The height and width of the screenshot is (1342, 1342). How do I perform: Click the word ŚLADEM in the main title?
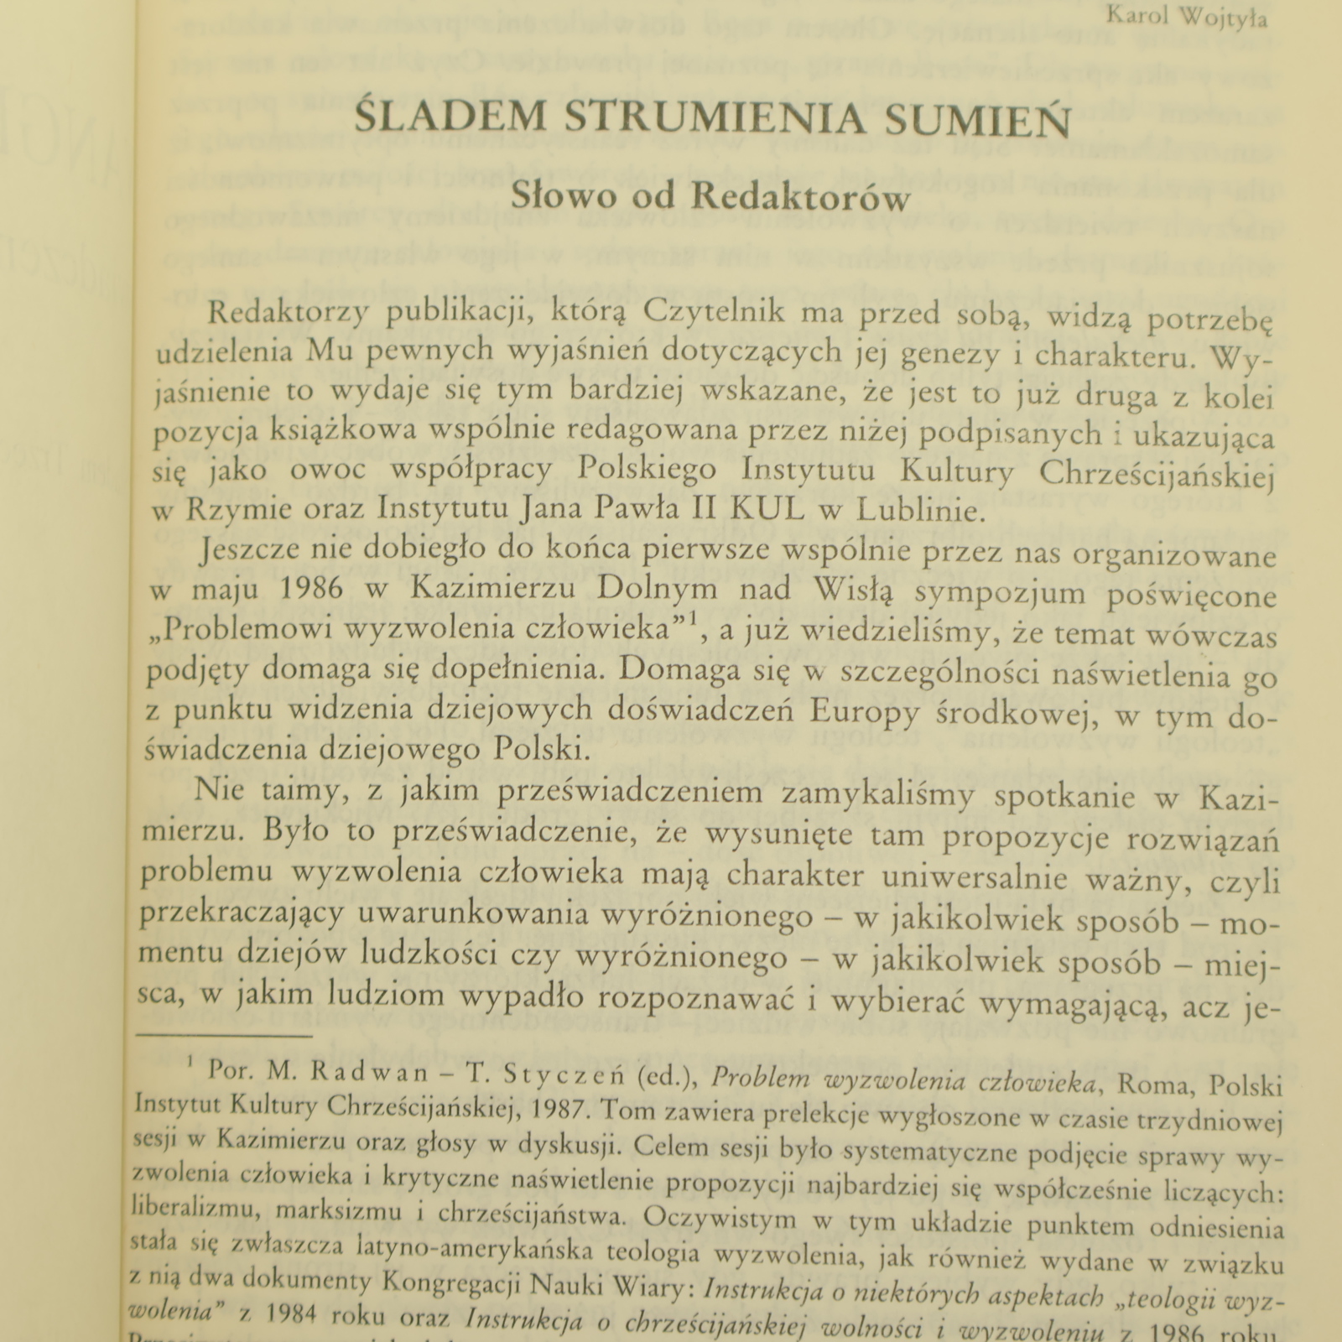[x=450, y=118]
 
